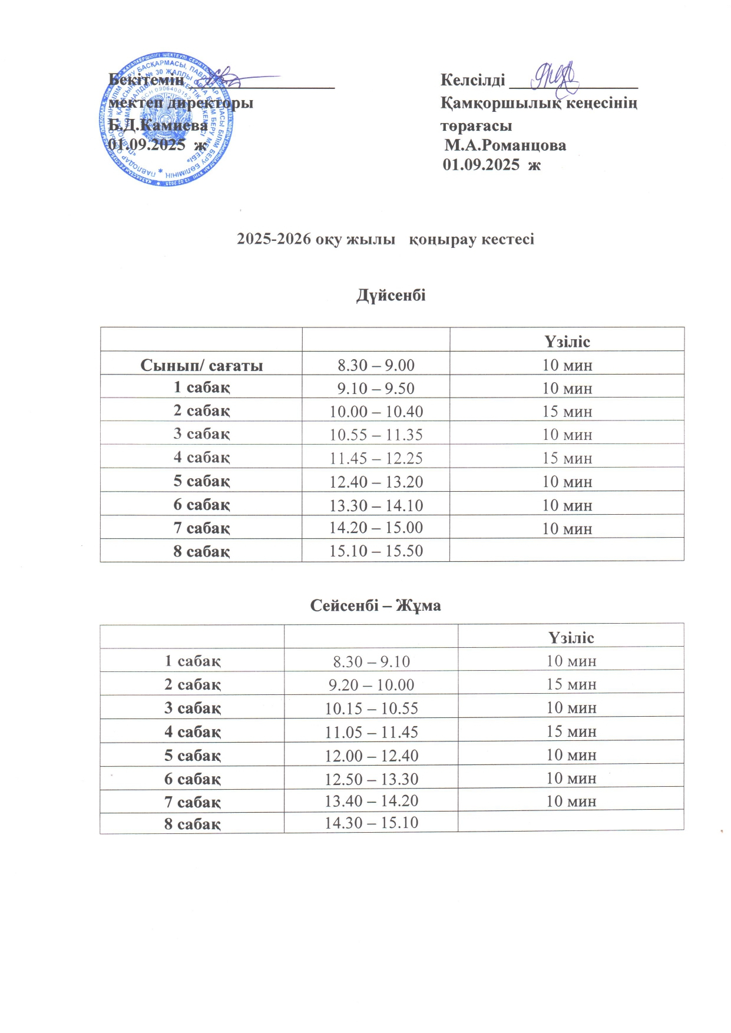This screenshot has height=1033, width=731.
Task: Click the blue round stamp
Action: click(x=167, y=121)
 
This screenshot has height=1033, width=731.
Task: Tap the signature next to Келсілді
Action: click(x=554, y=77)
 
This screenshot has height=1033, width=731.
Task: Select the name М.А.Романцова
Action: click(x=505, y=145)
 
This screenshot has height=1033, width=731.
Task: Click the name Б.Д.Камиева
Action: click(x=158, y=125)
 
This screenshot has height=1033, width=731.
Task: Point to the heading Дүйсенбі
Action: click(x=391, y=295)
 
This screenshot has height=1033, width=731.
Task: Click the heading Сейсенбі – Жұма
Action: click(x=375, y=605)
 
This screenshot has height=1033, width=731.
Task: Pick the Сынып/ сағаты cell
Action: click(x=201, y=366)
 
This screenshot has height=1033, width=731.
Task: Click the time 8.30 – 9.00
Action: click(x=376, y=365)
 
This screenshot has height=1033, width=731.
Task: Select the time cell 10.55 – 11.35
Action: click(x=376, y=435)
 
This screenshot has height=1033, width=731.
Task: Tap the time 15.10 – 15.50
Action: click(x=376, y=551)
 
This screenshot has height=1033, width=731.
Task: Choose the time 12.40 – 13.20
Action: click(x=376, y=482)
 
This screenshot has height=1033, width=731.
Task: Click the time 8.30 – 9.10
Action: click(x=371, y=661)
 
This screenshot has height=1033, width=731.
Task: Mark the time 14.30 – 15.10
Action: click(x=371, y=823)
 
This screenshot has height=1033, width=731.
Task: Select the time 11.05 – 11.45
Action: click(x=371, y=732)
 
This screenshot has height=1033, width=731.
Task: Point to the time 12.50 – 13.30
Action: click(x=371, y=779)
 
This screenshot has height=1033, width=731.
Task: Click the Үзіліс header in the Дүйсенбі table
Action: click(x=567, y=342)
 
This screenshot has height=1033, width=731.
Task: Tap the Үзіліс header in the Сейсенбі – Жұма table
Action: click(x=571, y=638)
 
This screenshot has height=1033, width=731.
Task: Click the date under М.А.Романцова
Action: click(x=491, y=165)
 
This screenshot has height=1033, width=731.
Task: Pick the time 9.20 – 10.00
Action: click(x=371, y=685)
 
